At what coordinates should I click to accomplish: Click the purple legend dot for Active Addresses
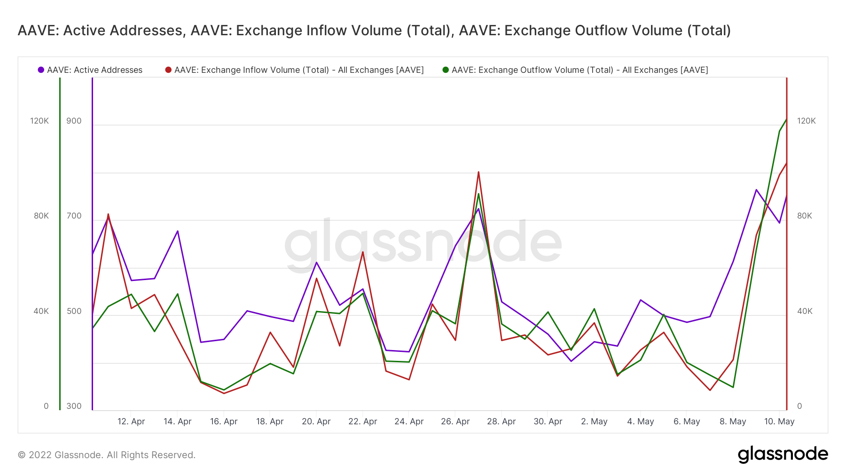pyautogui.click(x=41, y=70)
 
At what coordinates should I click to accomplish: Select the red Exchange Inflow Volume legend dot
pyautogui.click(x=168, y=70)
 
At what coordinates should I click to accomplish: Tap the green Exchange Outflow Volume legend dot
pyautogui.click(x=446, y=70)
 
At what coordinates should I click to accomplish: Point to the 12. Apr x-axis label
pyautogui.click(x=131, y=421)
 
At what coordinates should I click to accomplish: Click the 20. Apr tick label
pyautogui.click(x=316, y=421)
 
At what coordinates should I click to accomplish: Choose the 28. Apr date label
pyautogui.click(x=501, y=421)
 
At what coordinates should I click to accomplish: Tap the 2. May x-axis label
pyautogui.click(x=594, y=421)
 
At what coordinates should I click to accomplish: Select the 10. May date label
pyautogui.click(x=779, y=421)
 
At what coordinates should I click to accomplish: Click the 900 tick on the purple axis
pyautogui.click(x=74, y=121)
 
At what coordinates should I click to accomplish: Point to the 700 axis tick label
pyautogui.click(x=74, y=216)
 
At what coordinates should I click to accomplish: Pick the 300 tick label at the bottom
pyautogui.click(x=74, y=406)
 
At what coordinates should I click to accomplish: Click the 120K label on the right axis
pyautogui.click(x=807, y=121)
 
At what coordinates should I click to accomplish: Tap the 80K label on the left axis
pyautogui.click(x=41, y=216)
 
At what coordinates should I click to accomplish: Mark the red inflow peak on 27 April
pyautogui.click(x=478, y=172)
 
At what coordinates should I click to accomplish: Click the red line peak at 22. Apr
pyautogui.click(x=363, y=252)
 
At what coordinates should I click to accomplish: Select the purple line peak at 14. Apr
pyautogui.click(x=178, y=231)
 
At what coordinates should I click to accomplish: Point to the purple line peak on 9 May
pyautogui.click(x=756, y=190)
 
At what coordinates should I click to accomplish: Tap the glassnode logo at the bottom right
pyautogui.click(x=783, y=454)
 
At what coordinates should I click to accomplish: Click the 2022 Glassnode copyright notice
pyautogui.click(x=107, y=455)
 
